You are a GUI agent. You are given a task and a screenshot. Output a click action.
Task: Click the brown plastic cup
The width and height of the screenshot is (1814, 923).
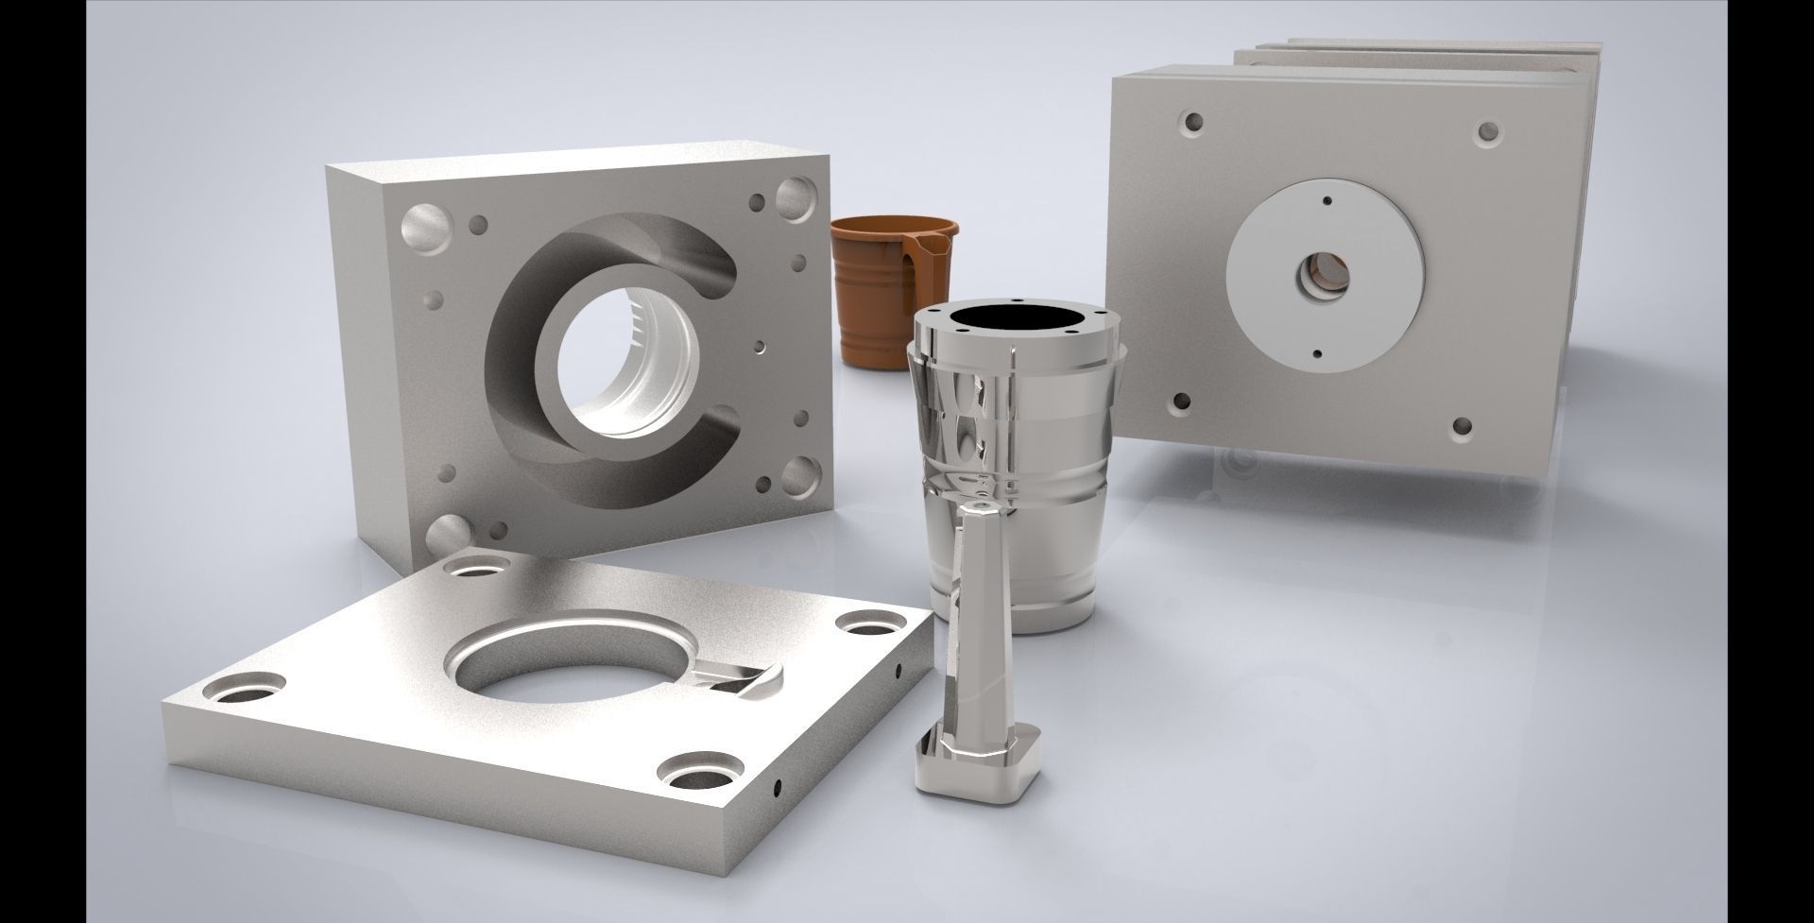pyautogui.click(x=874, y=293)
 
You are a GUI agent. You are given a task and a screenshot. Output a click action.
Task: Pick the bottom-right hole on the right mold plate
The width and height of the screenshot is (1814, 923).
pyautogui.click(x=1462, y=428)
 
